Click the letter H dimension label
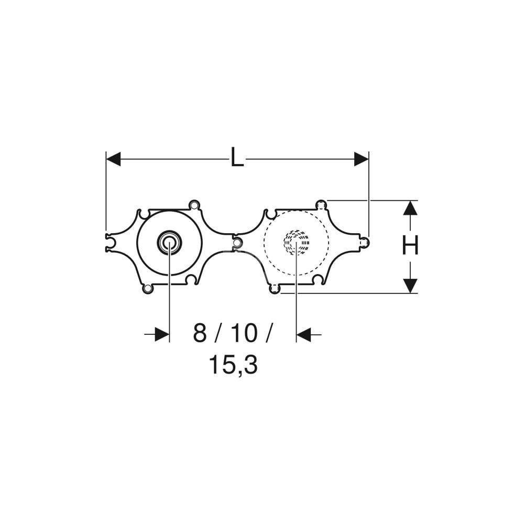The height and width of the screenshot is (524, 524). point(410,245)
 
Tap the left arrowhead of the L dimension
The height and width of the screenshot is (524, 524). point(113,159)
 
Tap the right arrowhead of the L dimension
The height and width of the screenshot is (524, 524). point(361,159)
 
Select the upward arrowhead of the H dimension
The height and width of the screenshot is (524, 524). point(410,208)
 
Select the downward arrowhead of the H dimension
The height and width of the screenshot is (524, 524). point(410,286)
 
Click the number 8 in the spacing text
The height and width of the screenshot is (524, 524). point(200,333)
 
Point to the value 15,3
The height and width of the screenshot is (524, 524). point(233,365)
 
